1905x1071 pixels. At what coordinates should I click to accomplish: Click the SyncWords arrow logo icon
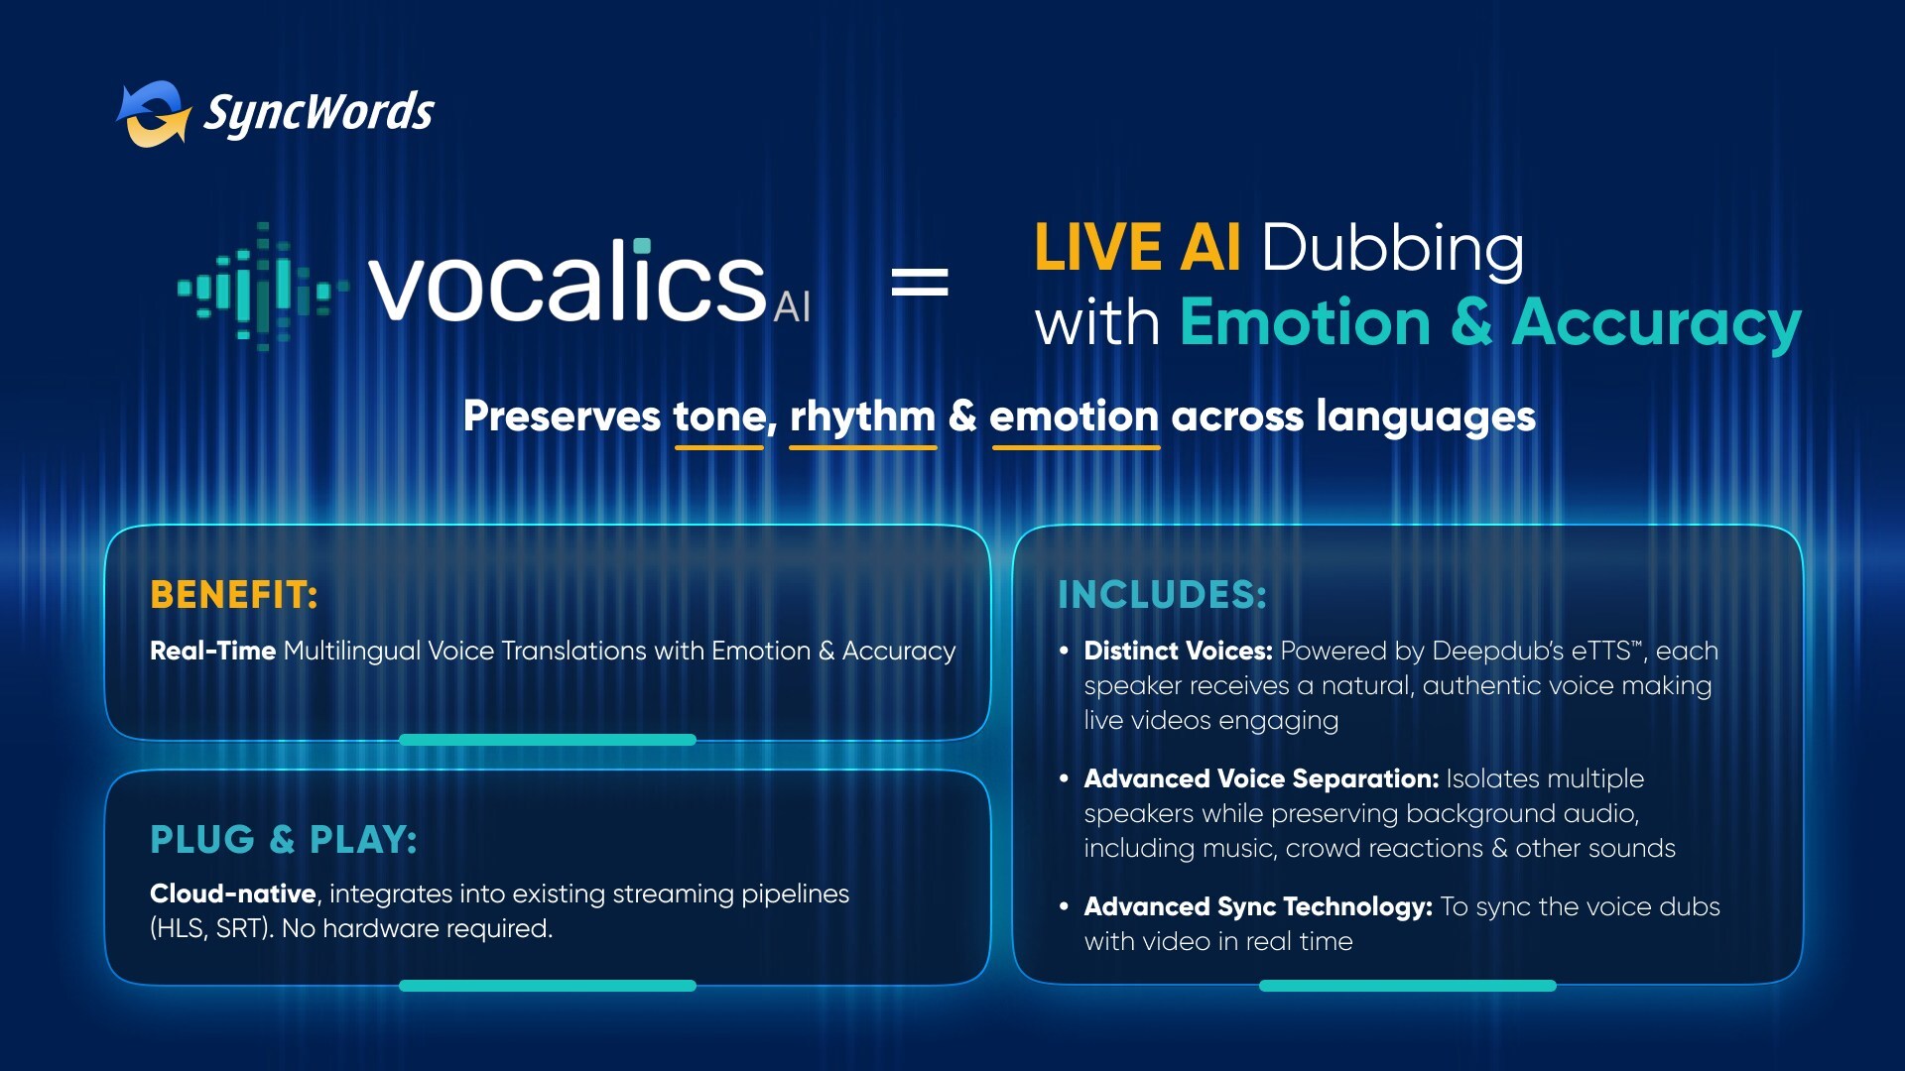coord(154,113)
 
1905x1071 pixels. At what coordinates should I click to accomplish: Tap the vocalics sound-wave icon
coord(263,287)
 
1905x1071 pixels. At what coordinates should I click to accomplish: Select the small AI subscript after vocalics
coord(792,307)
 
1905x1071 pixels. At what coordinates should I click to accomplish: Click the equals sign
coord(920,283)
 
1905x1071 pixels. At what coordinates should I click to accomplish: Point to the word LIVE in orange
coord(1098,247)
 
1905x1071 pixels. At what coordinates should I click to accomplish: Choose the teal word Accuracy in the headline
coord(1656,324)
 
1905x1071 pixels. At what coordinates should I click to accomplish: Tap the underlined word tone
coord(719,417)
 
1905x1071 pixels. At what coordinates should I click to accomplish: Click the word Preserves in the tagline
coord(562,417)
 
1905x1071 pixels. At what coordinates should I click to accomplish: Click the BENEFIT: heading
coord(234,595)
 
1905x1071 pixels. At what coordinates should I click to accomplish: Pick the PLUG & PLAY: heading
coord(284,840)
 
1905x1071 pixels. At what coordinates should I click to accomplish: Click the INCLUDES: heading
coord(1162,595)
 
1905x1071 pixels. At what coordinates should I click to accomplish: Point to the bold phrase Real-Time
coord(212,651)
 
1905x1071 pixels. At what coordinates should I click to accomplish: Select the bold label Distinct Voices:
coord(1178,651)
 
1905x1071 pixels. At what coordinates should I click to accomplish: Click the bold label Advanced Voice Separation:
coord(1261,778)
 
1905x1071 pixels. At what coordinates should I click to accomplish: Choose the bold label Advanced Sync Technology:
coord(1258,907)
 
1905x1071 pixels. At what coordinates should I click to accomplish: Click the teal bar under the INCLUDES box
coord(1408,986)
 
